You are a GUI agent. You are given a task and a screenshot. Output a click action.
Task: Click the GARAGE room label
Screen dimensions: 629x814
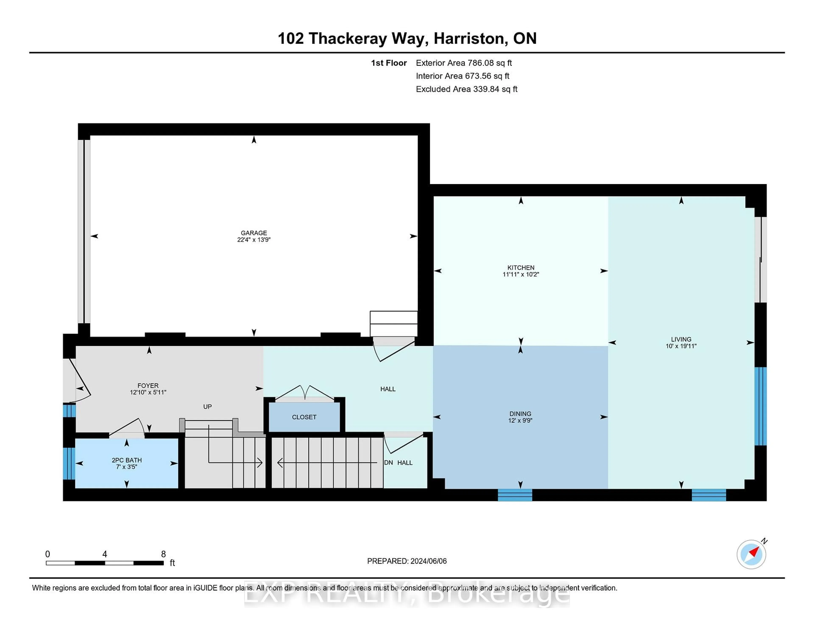(254, 233)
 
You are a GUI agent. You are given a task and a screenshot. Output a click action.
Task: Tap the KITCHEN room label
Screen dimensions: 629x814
(521, 267)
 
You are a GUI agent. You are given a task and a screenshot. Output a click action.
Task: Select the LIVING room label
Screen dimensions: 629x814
(681, 339)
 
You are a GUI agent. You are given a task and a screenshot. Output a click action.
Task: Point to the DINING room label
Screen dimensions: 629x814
(520, 414)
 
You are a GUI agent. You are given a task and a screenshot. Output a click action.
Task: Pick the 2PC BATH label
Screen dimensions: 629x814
(127, 460)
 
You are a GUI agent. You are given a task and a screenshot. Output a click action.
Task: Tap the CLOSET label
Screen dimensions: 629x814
(304, 417)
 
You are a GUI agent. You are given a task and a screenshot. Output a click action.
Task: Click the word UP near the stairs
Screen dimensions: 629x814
(208, 406)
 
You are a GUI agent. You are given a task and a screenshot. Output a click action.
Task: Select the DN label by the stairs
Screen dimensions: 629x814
(388, 462)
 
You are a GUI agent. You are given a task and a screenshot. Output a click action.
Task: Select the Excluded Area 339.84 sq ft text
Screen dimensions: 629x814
(466, 89)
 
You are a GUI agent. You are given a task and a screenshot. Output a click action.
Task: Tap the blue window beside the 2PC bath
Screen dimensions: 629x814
(69, 463)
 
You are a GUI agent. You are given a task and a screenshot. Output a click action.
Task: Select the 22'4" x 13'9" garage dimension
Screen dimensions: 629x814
(254, 240)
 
